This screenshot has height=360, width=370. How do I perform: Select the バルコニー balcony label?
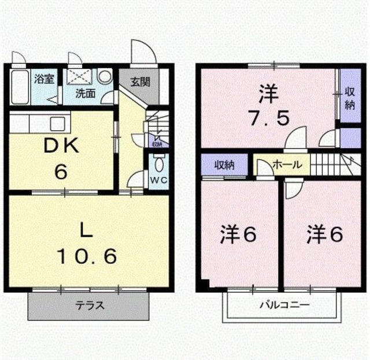pyautogui.click(x=284, y=304)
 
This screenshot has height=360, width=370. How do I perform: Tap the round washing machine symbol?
pyautogui.click(x=105, y=76)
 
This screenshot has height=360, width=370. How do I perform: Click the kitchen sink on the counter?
pyautogui.click(x=57, y=123)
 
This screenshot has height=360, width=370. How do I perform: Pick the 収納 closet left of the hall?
pyautogui.click(x=225, y=165)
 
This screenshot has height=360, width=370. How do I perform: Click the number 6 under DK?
pyautogui.click(x=61, y=171)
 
